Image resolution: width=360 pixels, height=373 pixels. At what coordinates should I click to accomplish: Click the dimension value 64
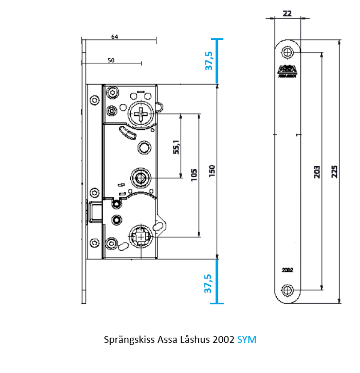pyautogui.click(x=115, y=37)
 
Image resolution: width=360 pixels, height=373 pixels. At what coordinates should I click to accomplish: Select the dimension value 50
pyautogui.click(x=111, y=60)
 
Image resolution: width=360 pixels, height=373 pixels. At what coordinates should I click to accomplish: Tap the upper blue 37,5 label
pyautogui.click(x=209, y=61)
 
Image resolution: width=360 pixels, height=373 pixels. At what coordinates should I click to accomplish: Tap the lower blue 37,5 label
pyautogui.click(x=209, y=283)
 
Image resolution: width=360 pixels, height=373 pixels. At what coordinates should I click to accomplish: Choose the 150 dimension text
pyautogui.click(x=212, y=171)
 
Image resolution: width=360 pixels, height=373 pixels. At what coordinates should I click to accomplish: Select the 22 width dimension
pyautogui.click(x=287, y=13)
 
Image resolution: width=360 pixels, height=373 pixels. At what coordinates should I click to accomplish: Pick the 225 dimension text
pyautogui.click(x=335, y=171)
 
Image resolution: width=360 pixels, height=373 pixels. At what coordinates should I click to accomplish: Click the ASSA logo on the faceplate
pyautogui.click(x=288, y=70)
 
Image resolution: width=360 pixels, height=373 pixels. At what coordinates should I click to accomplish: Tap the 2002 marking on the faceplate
pyautogui.click(x=288, y=270)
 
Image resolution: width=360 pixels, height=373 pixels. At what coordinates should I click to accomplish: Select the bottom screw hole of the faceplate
pyautogui.click(x=288, y=290)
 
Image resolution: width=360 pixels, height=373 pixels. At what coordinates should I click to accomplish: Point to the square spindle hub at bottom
pyautogui.click(x=141, y=236)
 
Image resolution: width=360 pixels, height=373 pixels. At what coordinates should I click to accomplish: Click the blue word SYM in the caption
pyautogui.click(x=247, y=340)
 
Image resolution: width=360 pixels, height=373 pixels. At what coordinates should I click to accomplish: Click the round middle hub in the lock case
pyautogui.click(x=140, y=177)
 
